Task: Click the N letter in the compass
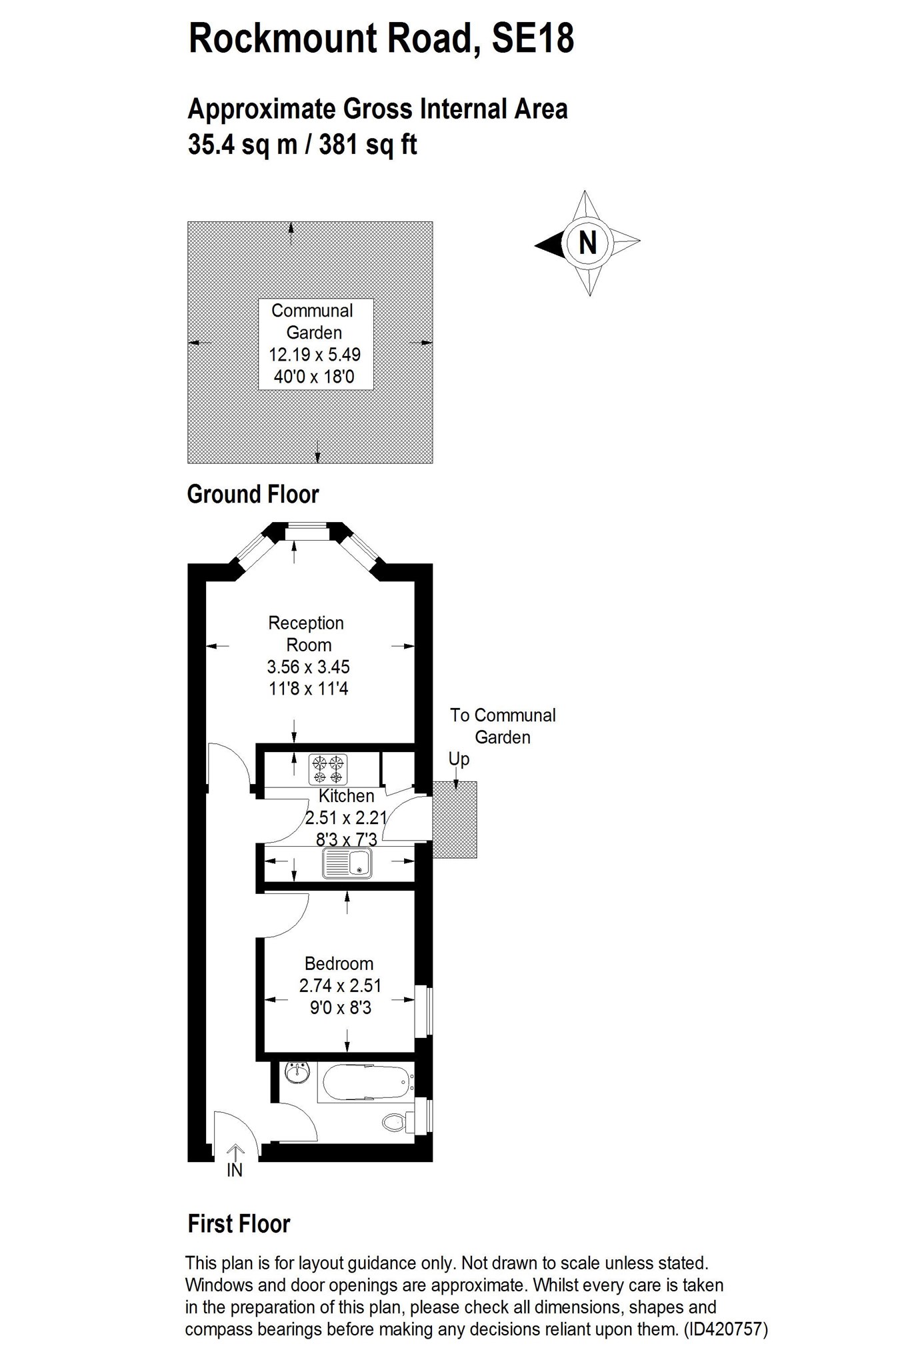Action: point(587,243)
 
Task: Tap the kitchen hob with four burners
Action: point(328,769)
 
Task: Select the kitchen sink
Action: point(347,863)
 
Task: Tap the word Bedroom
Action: point(339,963)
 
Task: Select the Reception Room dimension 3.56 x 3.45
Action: point(308,667)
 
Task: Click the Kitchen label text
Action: point(346,795)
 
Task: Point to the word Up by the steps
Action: point(459,760)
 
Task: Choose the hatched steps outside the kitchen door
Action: point(455,819)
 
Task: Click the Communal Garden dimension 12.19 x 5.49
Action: point(315,355)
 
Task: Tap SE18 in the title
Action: point(532,38)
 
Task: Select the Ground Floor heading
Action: point(253,495)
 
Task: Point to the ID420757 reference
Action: point(726,1329)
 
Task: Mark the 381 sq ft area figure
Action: point(368,144)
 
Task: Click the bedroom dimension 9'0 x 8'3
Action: point(340,1007)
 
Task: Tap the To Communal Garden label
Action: point(503,726)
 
